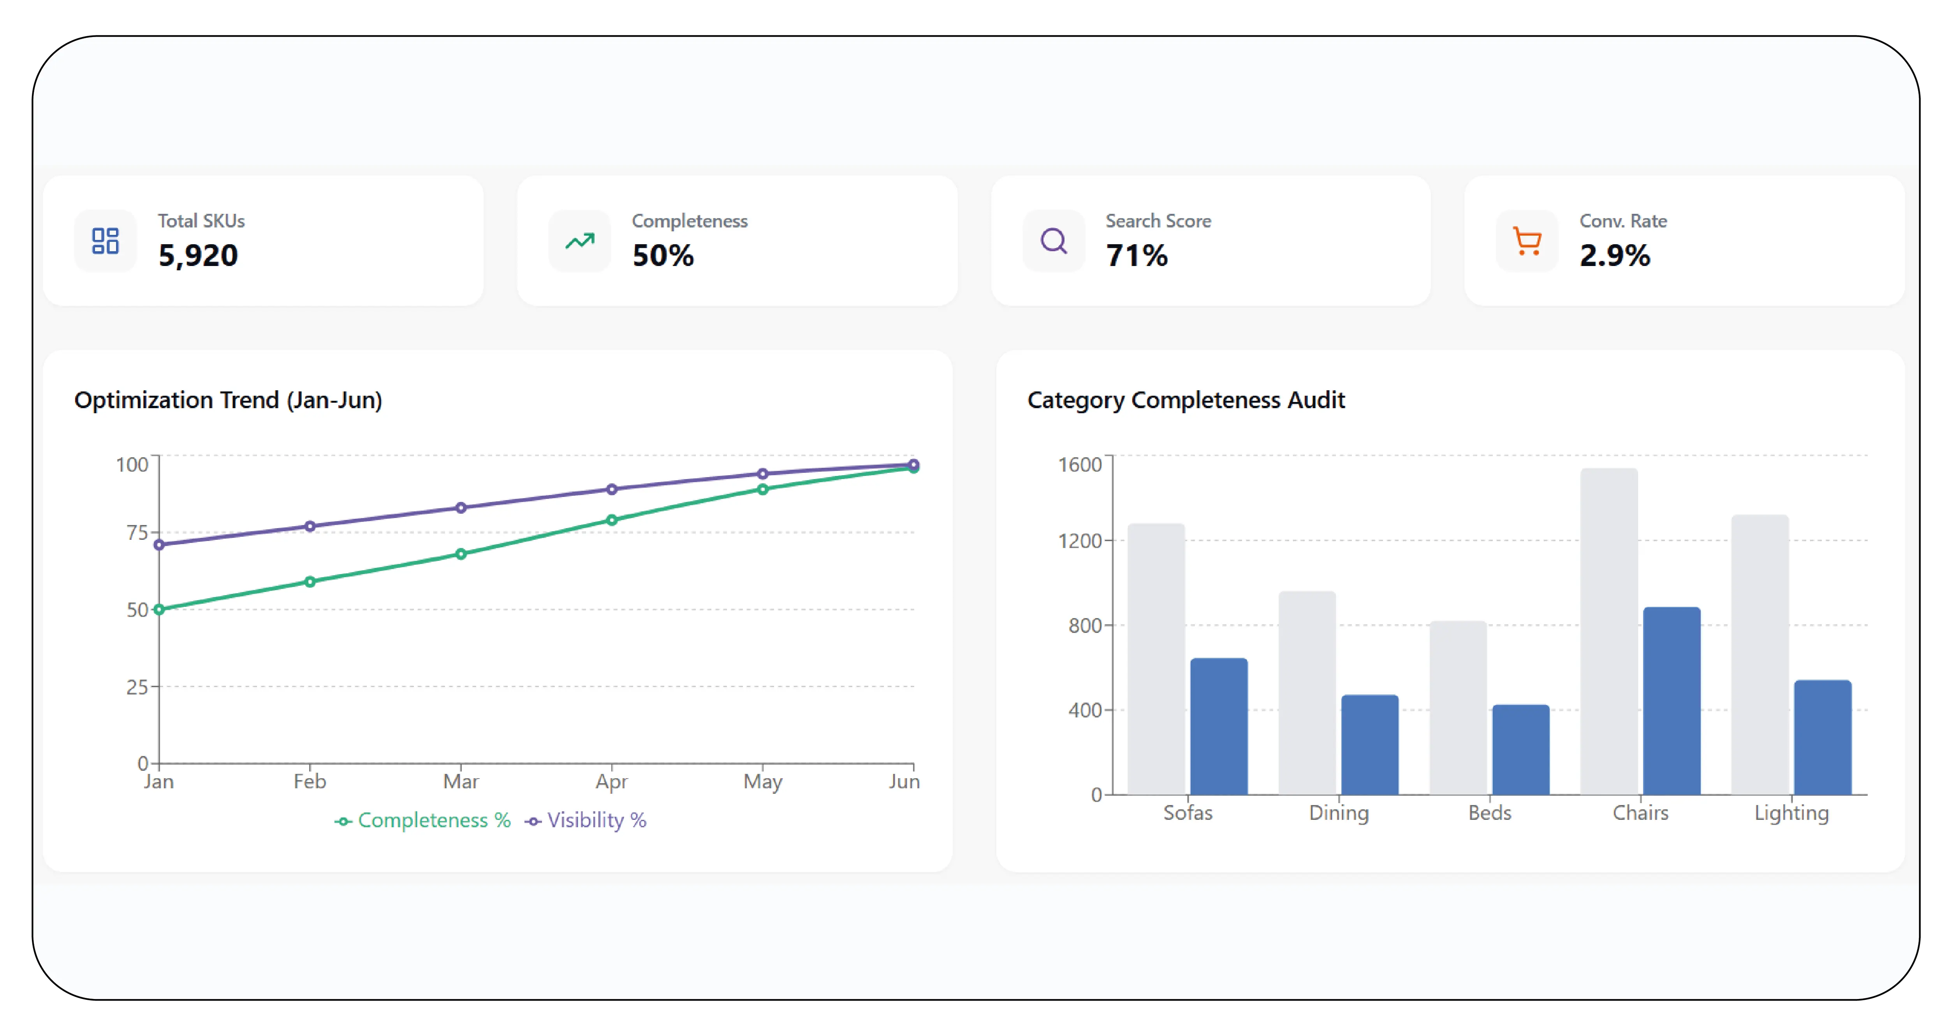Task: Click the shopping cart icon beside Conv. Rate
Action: click(x=1527, y=241)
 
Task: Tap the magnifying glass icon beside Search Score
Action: click(x=1054, y=241)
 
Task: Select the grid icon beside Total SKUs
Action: click(x=106, y=241)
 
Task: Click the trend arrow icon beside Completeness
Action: click(x=580, y=241)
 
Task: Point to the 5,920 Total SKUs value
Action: click(x=198, y=255)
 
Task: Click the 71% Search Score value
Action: click(x=1137, y=255)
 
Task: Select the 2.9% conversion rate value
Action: click(x=1615, y=255)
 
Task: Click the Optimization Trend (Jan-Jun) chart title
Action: click(x=228, y=400)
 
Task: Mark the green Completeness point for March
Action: click(x=461, y=554)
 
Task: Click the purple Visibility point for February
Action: click(x=310, y=526)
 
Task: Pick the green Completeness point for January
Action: click(x=159, y=610)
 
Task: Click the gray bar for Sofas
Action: click(x=1156, y=659)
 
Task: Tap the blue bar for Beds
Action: click(x=1521, y=750)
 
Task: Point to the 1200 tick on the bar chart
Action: click(x=1080, y=541)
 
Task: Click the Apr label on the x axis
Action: click(x=612, y=782)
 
